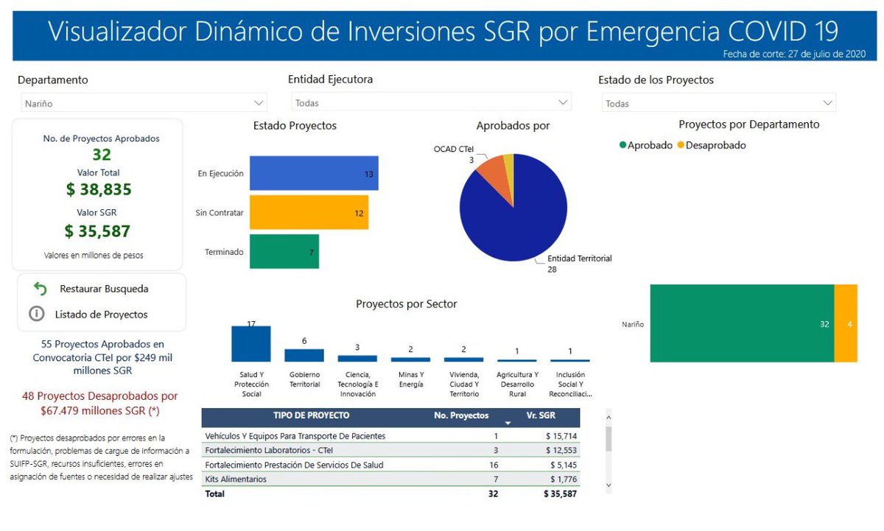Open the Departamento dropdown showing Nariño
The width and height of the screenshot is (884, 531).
(x=143, y=103)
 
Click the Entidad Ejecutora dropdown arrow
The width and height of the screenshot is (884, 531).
(x=564, y=103)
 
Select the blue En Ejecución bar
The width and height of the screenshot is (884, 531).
(x=313, y=174)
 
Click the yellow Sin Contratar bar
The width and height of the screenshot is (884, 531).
(x=309, y=212)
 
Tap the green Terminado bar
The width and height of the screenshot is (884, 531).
(x=284, y=251)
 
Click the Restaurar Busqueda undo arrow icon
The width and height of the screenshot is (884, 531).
(x=41, y=289)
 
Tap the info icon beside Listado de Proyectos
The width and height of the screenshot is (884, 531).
(x=36, y=314)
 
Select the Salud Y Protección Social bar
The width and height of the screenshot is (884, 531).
(x=251, y=344)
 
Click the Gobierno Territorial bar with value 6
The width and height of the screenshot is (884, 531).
(x=304, y=355)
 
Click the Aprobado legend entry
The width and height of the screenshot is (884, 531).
(x=646, y=146)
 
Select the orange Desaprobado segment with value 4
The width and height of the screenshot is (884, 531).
(x=846, y=323)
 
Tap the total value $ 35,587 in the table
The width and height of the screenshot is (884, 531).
(x=560, y=494)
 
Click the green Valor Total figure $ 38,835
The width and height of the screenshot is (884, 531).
(x=99, y=190)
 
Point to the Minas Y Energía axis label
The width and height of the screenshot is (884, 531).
(x=410, y=379)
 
